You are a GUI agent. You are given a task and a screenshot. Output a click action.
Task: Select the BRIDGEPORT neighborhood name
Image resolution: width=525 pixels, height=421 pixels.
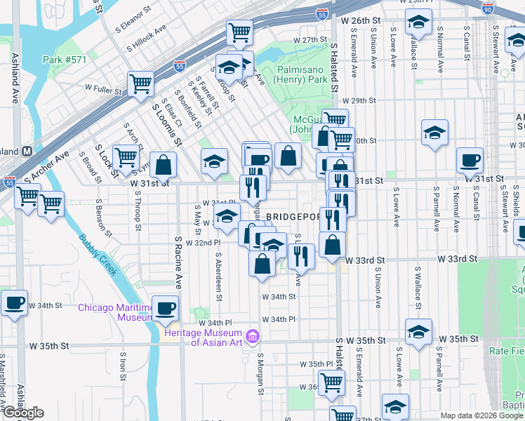click(x=293, y=217)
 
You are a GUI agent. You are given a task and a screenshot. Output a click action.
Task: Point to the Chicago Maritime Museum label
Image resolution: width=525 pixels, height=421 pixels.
click(x=115, y=312)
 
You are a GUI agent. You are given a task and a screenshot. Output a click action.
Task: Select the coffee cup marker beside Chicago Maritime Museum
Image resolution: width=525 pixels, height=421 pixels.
click(x=166, y=308)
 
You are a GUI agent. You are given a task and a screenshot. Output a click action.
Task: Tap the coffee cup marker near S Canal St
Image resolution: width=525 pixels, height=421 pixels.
click(x=470, y=160)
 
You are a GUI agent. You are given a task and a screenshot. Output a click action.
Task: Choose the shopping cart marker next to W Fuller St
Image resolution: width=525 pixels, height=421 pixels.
click(x=141, y=84)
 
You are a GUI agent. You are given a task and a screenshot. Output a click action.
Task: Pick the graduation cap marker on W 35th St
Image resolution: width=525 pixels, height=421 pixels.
click(x=418, y=332)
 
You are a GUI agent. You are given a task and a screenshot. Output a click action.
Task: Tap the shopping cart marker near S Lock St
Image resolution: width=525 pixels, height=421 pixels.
click(x=126, y=158)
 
